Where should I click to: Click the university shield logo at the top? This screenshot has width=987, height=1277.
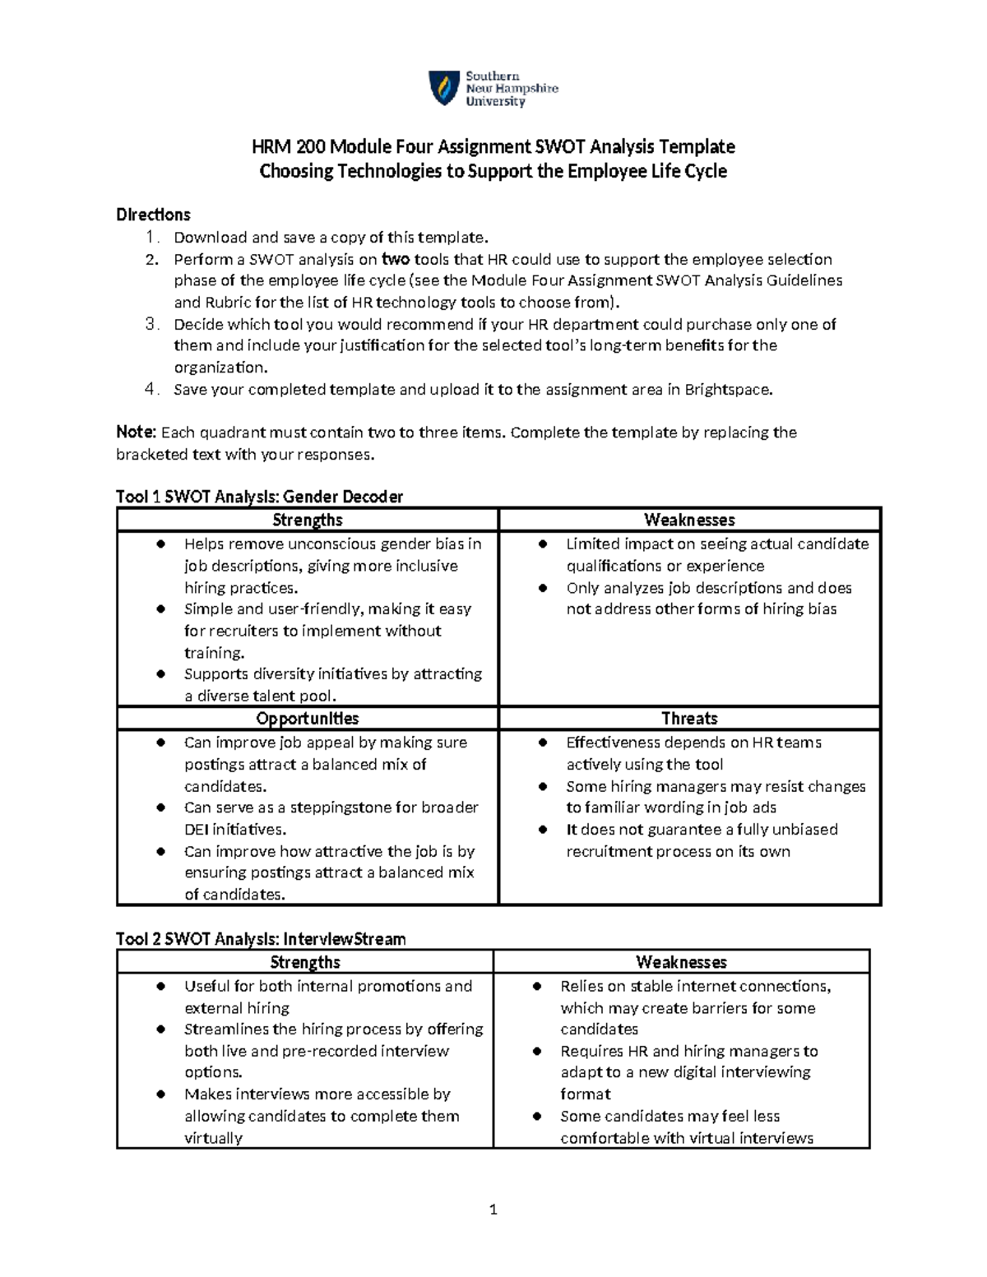(444, 88)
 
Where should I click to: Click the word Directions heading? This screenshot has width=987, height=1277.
(153, 215)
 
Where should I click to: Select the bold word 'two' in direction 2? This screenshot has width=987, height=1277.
(396, 259)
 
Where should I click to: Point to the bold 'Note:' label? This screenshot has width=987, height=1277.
(136, 433)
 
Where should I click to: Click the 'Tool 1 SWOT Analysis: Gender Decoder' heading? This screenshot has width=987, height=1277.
(259, 497)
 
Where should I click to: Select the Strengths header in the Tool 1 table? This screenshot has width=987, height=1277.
(307, 520)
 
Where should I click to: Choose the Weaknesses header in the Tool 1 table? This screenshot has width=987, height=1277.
(689, 520)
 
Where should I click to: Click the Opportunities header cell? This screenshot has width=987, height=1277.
(307, 719)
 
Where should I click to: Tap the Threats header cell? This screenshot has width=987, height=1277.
(689, 719)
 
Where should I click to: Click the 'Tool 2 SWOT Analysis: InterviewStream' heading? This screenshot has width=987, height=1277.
(261, 939)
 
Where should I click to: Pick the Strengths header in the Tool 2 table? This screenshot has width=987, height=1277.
(305, 962)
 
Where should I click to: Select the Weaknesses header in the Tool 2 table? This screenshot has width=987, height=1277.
(681, 962)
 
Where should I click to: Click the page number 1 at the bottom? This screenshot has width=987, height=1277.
(493, 1209)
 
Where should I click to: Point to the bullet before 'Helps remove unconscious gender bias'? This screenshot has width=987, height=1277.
(162, 544)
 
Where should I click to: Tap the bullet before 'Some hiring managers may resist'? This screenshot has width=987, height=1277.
(544, 787)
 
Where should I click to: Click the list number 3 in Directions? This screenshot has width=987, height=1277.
(151, 324)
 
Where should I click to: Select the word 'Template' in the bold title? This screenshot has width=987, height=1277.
(697, 147)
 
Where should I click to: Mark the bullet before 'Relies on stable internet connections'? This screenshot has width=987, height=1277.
(538, 987)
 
